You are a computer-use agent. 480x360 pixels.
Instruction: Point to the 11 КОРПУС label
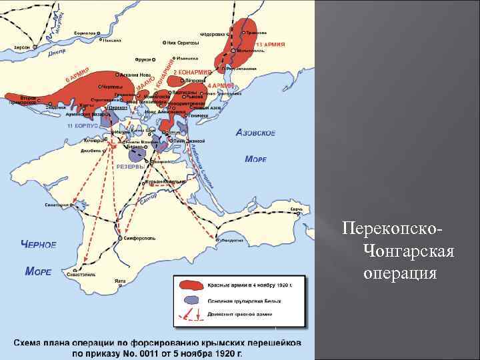pos(83,125)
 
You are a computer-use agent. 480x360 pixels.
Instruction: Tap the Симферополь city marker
pos(120,237)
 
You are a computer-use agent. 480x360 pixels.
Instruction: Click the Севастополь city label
pos(80,274)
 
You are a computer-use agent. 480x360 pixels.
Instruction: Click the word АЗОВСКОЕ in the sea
pos(255,133)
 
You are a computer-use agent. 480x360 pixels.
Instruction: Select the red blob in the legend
pos(192,285)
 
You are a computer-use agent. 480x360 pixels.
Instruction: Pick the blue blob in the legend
pos(191,301)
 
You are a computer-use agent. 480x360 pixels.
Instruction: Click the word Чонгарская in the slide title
pos(409,251)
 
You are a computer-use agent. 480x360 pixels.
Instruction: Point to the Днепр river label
pos(38,55)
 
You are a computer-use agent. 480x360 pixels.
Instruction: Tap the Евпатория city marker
pos(68,204)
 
